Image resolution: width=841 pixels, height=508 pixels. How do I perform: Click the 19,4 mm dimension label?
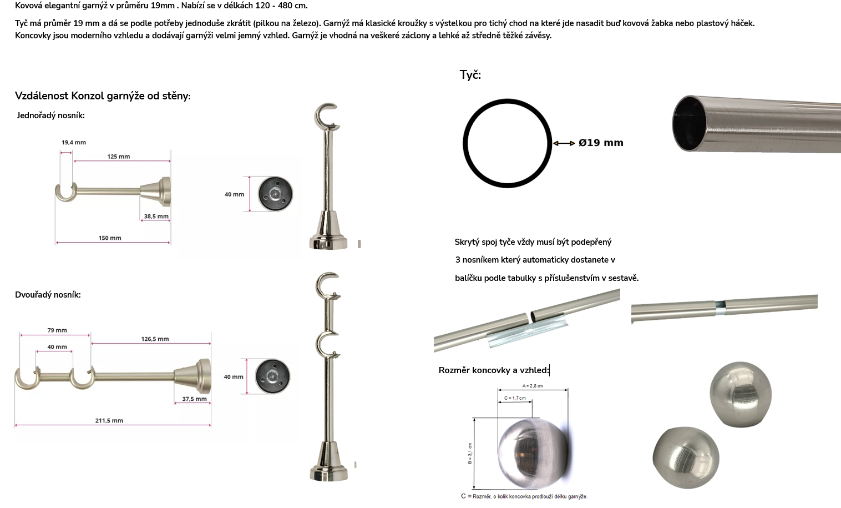point(74,142)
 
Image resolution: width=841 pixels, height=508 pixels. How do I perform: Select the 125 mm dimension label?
point(119,157)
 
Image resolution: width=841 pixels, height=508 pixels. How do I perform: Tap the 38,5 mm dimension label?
point(156,217)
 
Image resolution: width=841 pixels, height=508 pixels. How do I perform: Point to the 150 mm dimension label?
point(110,238)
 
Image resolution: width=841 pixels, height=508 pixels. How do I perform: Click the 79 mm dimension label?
point(57,330)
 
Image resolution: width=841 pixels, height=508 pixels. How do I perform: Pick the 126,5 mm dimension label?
point(155,339)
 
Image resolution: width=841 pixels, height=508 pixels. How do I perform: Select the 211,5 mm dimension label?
point(109,420)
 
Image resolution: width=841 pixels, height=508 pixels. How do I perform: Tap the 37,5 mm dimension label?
point(194,399)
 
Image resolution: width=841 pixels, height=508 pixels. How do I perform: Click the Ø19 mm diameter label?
point(601,143)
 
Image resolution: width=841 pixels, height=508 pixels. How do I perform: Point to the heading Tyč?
point(470,75)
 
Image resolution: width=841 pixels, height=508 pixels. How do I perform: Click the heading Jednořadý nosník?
point(50,115)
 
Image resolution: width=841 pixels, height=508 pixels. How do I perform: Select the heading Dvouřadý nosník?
point(48,295)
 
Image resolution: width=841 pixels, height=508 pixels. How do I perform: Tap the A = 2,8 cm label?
point(533,386)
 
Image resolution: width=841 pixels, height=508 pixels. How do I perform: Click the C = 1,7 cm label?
point(515,398)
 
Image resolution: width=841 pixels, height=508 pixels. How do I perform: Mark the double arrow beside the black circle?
point(564,143)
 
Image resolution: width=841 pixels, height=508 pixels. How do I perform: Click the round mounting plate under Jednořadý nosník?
point(275,194)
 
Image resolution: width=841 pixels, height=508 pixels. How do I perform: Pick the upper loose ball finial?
point(741,394)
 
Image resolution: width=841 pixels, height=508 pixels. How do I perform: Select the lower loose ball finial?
point(686,457)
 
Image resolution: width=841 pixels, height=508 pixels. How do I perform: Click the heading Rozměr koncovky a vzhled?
point(494,370)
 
